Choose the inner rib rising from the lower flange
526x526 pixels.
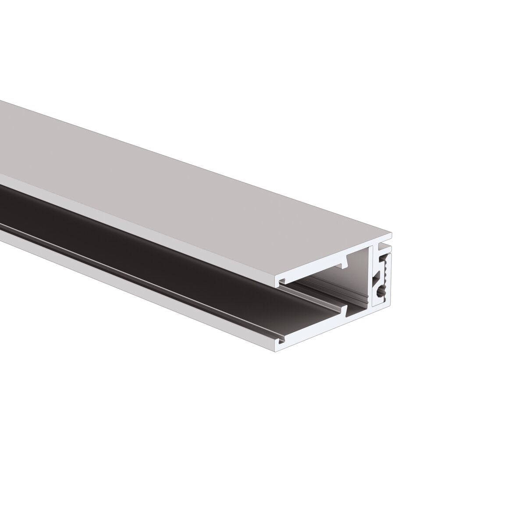pos(345,309)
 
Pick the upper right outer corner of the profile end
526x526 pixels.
pos(391,233)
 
